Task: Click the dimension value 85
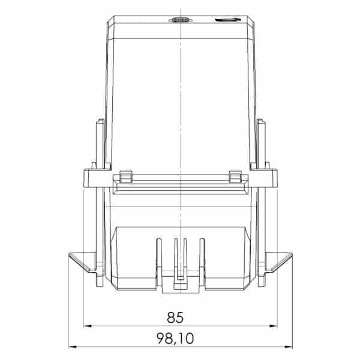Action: point(175,317)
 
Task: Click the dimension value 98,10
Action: point(175,338)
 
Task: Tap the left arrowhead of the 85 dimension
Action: point(87,326)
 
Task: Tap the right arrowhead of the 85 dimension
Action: point(274,326)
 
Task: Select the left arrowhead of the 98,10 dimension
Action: point(73,347)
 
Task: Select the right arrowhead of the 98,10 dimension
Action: point(289,347)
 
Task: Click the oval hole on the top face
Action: point(181,20)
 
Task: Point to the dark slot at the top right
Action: point(228,20)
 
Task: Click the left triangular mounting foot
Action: point(83,262)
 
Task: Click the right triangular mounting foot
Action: point(278,262)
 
